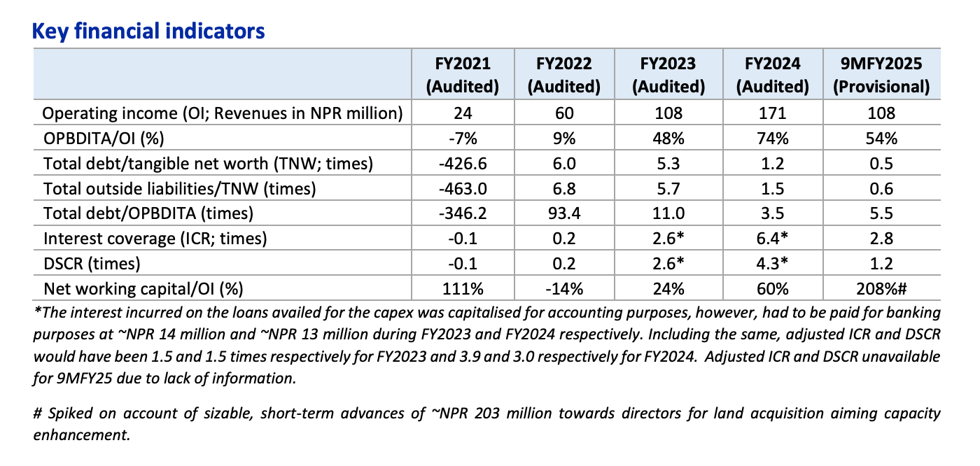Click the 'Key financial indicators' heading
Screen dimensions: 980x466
(148, 31)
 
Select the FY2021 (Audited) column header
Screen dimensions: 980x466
(463, 75)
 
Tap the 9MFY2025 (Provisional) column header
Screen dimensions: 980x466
(881, 75)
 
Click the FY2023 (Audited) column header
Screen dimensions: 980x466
(668, 75)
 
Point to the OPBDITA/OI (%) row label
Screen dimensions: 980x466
(104, 138)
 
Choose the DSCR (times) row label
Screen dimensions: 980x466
(92, 264)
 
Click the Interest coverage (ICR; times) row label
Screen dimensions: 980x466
(155, 239)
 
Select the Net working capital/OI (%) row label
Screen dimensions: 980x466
(143, 289)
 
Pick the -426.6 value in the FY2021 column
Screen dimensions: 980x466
(463, 164)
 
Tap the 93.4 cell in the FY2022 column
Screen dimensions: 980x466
(564, 213)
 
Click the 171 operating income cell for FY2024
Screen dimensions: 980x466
(773, 113)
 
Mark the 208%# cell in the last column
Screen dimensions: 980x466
(881, 289)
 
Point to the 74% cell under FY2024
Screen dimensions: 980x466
(773, 139)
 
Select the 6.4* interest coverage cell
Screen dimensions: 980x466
(773, 238)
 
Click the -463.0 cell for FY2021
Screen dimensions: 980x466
(463, 189)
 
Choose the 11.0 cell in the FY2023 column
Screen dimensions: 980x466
(668, 213)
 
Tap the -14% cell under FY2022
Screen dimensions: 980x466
(564, 289)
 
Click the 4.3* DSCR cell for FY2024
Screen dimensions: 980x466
(773, 264)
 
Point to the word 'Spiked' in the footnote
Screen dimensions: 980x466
(69, 414)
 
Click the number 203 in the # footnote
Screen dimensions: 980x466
(486, 414)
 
